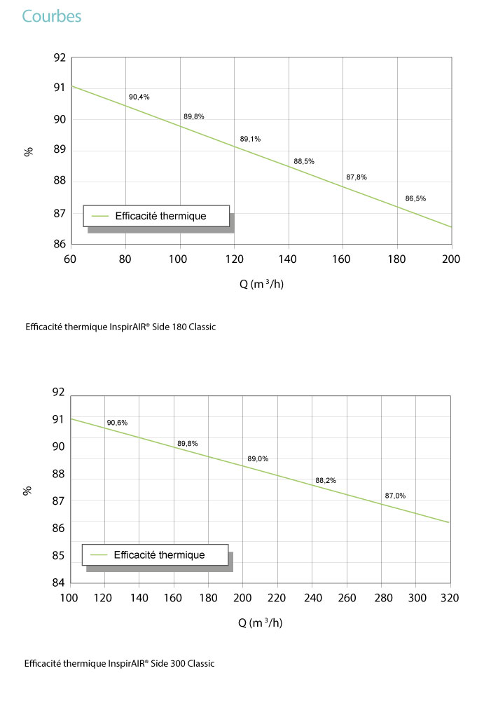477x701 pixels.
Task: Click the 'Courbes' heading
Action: click(52, 17)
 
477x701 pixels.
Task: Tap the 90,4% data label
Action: click(139, 97)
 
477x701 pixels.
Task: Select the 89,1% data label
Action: click(250, 139)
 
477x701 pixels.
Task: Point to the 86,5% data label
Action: click(415, 198)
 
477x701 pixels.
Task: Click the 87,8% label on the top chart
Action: click(357, 177)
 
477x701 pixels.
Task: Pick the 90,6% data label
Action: click(117, 423)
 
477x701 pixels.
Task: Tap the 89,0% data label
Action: click(258, 458)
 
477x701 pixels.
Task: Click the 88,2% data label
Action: click(326, 481)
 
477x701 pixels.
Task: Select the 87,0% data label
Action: click(395, 496)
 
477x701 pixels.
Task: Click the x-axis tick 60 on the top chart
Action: click(70, 259)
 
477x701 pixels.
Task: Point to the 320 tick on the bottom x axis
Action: click(450, 598)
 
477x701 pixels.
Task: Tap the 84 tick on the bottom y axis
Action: click(59, 583)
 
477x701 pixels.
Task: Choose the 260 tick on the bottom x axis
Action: click(347, 598)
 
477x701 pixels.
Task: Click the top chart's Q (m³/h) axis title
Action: click(262, 284)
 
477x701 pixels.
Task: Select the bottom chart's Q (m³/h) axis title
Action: click(261, 622)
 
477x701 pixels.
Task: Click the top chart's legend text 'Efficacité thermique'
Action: click(161, 216)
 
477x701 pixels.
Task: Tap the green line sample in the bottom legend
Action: click(99, 554)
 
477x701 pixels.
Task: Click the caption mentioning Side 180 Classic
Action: click(120, 327)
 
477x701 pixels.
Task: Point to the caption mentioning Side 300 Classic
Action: click(119, 663)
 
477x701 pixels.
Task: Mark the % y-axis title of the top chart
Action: click(29, 152)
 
